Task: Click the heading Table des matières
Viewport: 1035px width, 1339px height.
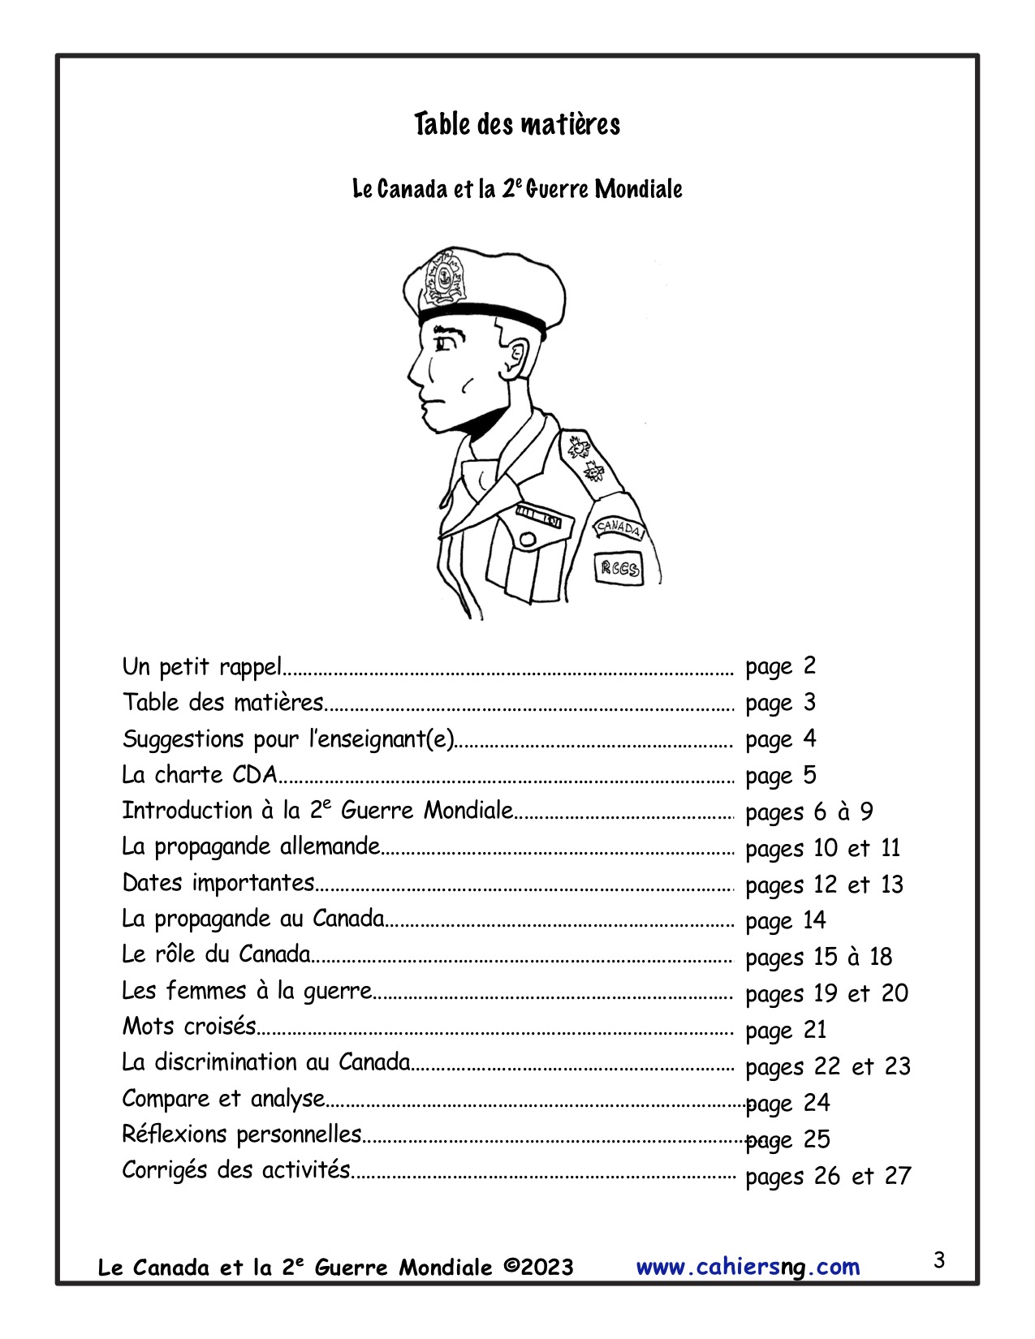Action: (517, 125)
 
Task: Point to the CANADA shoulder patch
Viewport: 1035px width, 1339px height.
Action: (619, 528)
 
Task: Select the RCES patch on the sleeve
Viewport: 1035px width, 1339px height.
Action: (619, 567)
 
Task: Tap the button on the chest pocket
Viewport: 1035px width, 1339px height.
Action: (528, 539)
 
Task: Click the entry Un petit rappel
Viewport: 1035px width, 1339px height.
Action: (201, 667)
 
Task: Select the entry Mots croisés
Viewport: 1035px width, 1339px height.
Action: (189, 1027)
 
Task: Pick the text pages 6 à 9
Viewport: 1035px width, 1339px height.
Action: (809, 812)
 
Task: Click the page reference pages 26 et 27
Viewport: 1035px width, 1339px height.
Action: (828, 1176)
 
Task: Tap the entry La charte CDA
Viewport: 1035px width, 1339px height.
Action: (200, 775)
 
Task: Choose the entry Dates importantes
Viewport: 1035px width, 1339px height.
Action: (218, 883)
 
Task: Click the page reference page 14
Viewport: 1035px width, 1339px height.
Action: (785, 921)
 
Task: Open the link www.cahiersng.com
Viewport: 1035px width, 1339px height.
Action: (748, 1267)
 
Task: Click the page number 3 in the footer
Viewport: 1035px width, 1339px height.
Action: (939, 1260)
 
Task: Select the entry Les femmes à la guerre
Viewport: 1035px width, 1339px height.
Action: (247, 991)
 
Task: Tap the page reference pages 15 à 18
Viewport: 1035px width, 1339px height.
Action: (818, 958)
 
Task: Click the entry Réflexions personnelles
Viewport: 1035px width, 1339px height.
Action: (242, 1134)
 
